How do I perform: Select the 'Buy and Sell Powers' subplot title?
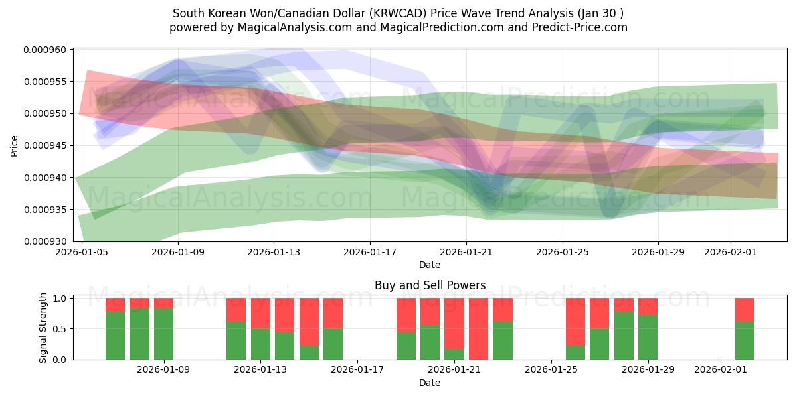click(x=430, y=285)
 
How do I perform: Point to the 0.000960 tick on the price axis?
click(x=46, y=50)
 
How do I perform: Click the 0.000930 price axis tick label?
click(x=46, y=241)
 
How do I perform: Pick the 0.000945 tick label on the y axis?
click(x=46, y=145)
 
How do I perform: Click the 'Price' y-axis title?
click(x=14, y=145)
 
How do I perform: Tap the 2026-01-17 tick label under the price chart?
click(x=370, y=253)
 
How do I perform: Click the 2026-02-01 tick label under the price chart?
click(x=731, y=253)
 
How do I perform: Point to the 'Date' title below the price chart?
click(x=430, y=265)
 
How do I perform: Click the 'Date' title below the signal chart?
click(x=430, y=383)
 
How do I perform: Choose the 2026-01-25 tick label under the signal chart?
click(x=551, y=370)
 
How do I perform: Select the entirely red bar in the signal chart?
click(x=478, y=328)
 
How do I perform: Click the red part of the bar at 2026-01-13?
click(x=260, y=312)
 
